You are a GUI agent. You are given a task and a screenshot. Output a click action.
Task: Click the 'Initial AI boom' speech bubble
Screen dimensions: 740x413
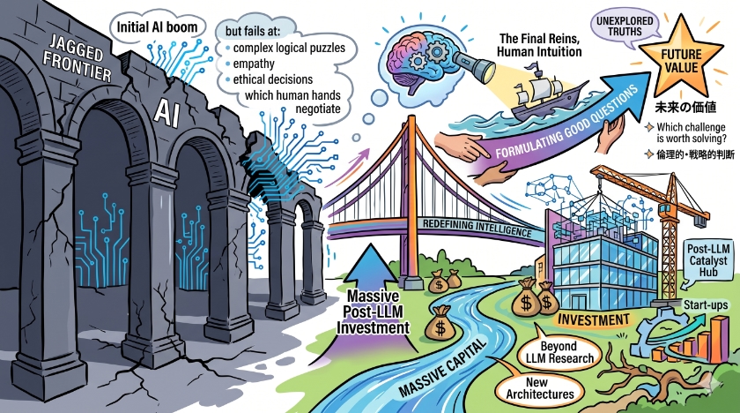click(158, 26)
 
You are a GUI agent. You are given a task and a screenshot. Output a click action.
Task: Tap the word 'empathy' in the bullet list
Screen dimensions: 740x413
click(254, 64)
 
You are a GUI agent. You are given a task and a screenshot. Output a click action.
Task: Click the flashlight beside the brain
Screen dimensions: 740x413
click(473, 65)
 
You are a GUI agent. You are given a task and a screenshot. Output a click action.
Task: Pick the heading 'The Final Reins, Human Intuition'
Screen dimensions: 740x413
click(539, 45)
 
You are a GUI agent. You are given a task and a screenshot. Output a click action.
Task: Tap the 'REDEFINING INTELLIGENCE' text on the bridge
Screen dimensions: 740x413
click(477, 228)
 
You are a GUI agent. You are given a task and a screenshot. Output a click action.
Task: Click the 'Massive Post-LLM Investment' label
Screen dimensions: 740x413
click(373, 312)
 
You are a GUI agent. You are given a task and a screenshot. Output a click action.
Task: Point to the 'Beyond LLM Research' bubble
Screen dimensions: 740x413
click(559, 352)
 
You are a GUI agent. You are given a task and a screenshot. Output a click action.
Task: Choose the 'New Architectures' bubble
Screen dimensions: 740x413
click(539, 388)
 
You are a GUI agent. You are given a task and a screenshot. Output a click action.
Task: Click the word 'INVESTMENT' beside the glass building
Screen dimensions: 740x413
click(594, 320)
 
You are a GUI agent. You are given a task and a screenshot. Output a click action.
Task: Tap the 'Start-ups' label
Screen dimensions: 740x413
click(706, 305)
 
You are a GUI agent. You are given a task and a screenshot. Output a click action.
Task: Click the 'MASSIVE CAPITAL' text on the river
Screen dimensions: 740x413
click(441, 368)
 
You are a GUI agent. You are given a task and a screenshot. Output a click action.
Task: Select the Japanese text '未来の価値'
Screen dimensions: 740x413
click(685, 108)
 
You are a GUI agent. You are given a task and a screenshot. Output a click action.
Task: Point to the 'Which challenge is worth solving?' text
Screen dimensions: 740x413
click(691, 132)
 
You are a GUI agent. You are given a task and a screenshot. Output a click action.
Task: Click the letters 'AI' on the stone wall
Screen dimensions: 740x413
click(167, 114)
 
